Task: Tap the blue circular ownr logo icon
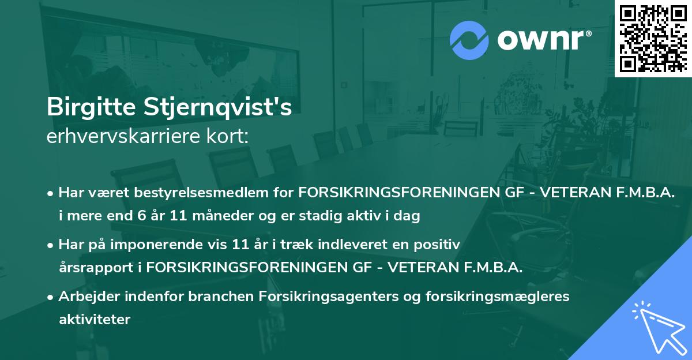tap(469, 39)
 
